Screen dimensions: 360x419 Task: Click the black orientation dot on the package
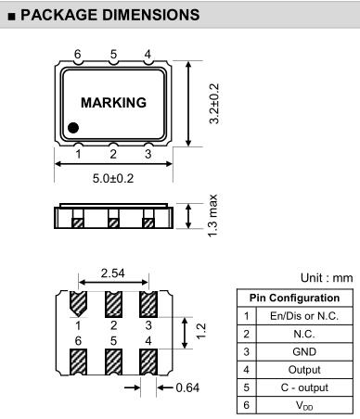(73, 128)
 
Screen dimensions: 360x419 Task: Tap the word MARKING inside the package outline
(113, 103)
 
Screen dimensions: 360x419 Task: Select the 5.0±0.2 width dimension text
(113, 178)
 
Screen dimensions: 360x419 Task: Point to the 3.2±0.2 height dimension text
(214, 104)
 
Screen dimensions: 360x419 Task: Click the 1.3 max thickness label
(212, 215)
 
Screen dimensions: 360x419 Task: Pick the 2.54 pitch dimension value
(112, 273)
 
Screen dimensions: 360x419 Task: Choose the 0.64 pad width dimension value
(187, 387)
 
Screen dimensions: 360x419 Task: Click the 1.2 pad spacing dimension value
(200, 331)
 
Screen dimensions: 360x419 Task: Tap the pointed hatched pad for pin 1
(78, 304)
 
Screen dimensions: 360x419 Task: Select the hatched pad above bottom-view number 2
(113, 304)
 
